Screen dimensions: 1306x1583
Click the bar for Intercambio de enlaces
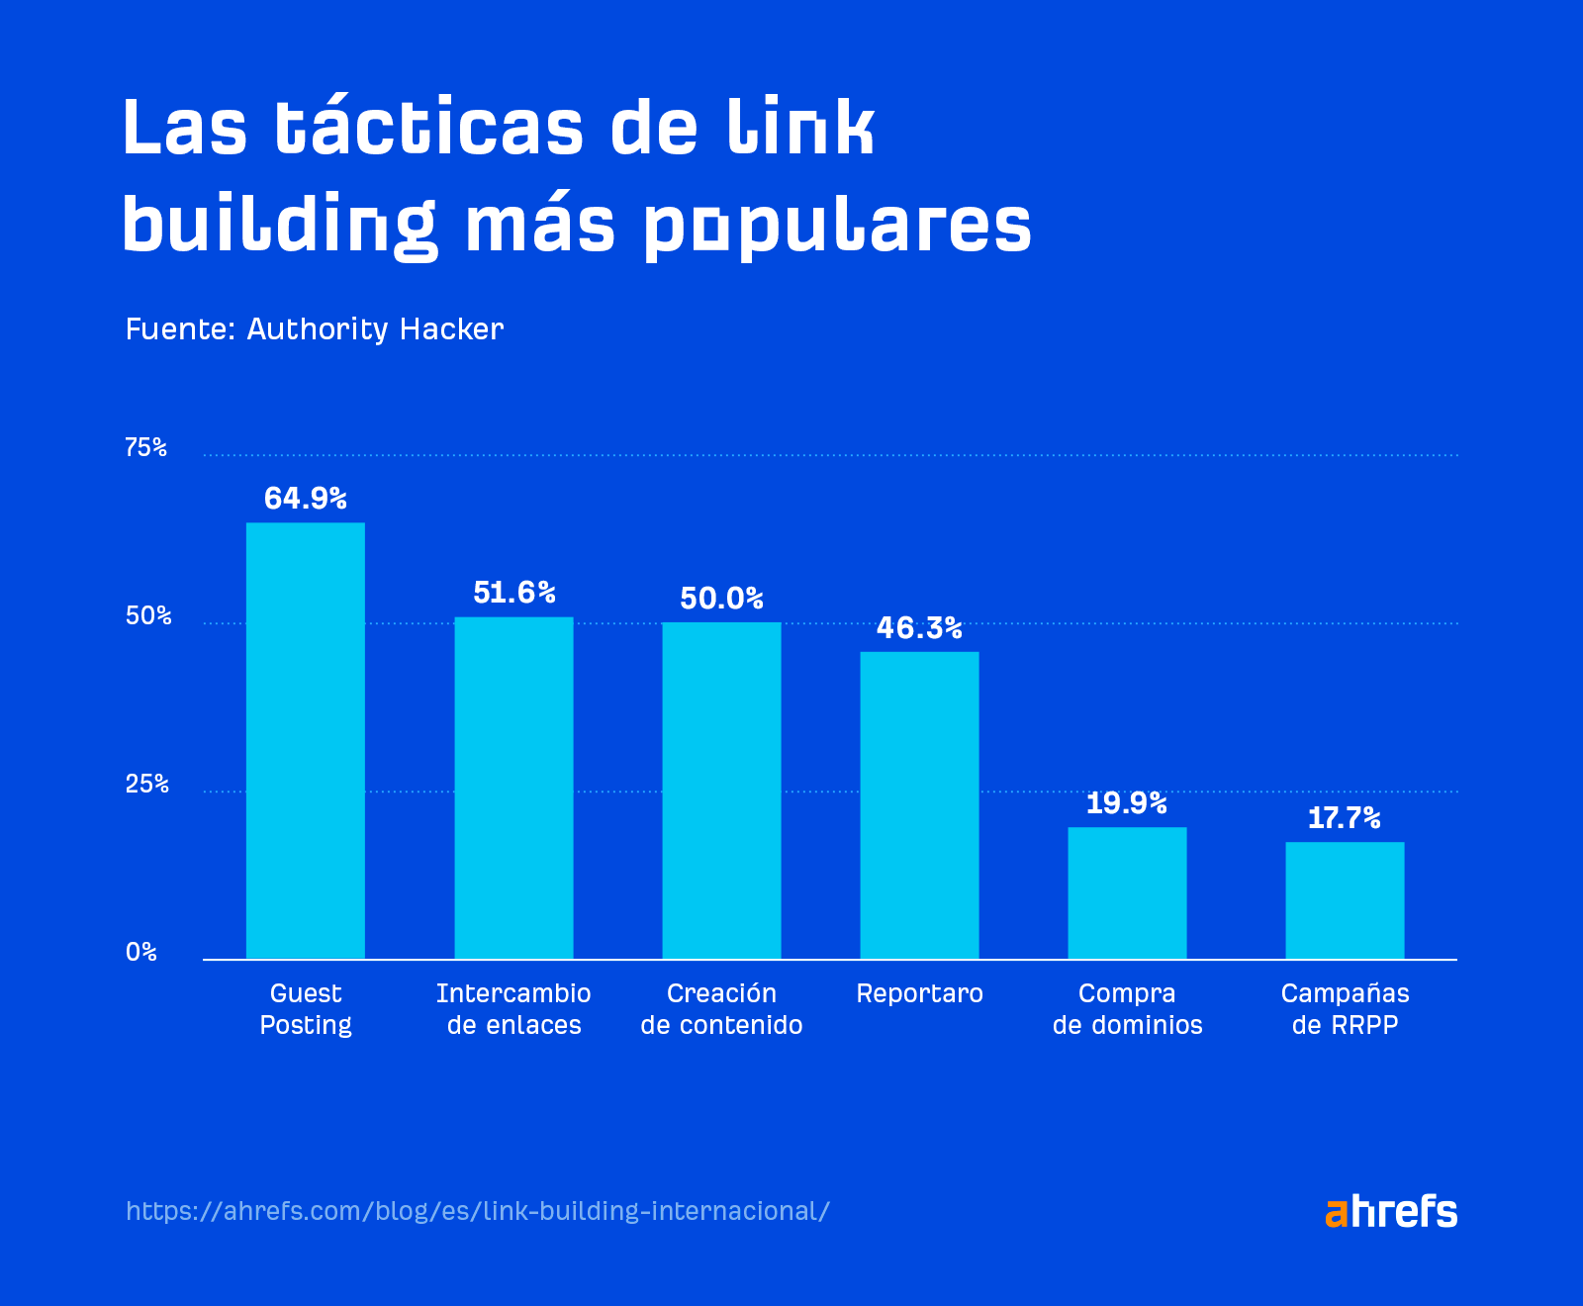[x=513, y=788]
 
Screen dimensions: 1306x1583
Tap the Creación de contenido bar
[x=721, y=791]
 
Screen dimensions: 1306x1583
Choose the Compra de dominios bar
[x=1127, y=892]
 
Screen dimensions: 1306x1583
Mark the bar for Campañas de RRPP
[x=1345, y=900]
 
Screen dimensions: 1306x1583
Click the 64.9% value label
[x=305, y=498]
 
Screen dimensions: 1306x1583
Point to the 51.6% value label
[x=513, y=593]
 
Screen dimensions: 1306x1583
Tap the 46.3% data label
[x=919, y=627]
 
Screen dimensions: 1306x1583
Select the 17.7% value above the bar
[x=1344, y=817]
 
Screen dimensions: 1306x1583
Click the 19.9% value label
[x=1126, y=802]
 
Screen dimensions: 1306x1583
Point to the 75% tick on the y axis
[x=145, y=448]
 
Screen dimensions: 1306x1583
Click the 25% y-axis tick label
[x=146, y=785]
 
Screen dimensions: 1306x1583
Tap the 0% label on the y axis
[x=141, y=952]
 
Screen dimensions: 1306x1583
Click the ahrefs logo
[x=1390, y=1211]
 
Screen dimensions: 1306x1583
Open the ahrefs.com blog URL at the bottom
[x=478, y=1211]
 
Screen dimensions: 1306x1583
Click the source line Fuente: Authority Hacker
[x=315, y=329]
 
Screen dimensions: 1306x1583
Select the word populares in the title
[x=837, y=226]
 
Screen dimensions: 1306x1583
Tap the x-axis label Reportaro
[x=919, y=993]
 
